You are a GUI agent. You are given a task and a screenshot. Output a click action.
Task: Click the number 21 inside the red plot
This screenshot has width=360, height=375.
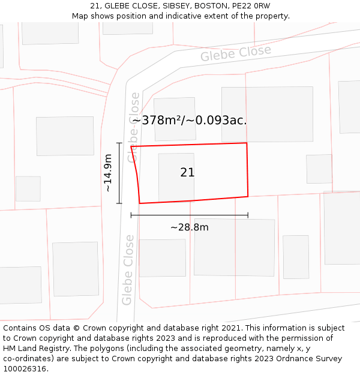(187, 173)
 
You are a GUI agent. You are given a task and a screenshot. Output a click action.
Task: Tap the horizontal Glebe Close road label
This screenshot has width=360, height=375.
(236, 53)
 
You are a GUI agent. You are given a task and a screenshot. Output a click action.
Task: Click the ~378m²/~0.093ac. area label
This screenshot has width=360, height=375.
(190, 120)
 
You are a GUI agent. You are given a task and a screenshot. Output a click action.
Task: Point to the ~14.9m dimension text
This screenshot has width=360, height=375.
(108, 173)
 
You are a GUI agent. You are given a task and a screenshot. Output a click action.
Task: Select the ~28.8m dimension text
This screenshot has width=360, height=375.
(190, 227)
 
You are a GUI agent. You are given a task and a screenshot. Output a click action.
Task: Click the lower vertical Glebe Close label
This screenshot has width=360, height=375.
(128, 269)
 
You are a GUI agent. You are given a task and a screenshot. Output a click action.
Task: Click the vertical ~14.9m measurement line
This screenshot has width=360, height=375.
(119, 173)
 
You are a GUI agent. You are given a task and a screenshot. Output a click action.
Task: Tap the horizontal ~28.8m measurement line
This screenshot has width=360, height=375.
(190, 215)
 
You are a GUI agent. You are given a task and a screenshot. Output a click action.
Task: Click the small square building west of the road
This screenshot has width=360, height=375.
(28, 188)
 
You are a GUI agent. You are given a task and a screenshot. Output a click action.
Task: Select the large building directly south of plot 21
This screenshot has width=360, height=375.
(234, 247)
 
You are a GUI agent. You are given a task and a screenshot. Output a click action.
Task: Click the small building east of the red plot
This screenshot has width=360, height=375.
(319, 169)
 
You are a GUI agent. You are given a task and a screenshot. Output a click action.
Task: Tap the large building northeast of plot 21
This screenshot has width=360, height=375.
(267, 114)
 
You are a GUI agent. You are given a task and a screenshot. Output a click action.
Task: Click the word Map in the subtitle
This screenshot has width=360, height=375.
(81, 16)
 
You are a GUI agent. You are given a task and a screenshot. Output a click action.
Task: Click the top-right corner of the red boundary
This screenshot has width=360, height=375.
(247, 143)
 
